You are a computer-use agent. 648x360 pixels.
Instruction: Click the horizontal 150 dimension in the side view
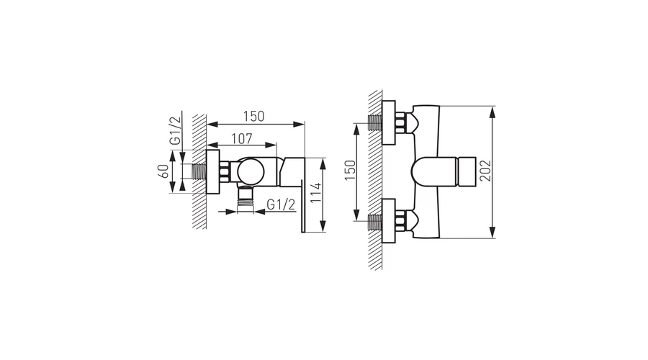point(253,117)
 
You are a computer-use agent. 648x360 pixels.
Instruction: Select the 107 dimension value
point(242,138)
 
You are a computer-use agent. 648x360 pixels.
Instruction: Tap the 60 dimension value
point(163,171)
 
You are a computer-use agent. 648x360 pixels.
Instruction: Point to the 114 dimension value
point(316,193)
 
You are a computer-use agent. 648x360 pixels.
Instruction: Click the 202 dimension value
point(485,171)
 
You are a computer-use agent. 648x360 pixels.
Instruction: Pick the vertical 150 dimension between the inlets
point(350,170)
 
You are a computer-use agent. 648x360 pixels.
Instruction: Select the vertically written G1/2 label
point(175,130)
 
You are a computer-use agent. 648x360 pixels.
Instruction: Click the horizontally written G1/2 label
point(281,204)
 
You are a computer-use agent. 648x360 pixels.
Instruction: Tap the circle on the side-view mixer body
point(251,171)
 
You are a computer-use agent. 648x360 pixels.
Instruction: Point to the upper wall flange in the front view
point(389,122)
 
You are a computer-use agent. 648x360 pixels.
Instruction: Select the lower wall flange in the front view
point(389,221)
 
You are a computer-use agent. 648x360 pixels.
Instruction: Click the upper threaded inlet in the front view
point(375,122)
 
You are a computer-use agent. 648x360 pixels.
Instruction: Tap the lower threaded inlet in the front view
point(375,222)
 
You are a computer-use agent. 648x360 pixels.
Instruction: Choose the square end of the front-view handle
point(467,172)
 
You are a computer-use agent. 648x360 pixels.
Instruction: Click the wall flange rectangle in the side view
point(212,172)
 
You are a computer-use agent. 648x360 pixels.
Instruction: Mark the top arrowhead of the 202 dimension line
point(492,112)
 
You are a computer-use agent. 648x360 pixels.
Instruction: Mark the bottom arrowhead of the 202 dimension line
point(492,233)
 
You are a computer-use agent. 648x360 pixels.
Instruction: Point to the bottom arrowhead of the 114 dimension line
point(323,226)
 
